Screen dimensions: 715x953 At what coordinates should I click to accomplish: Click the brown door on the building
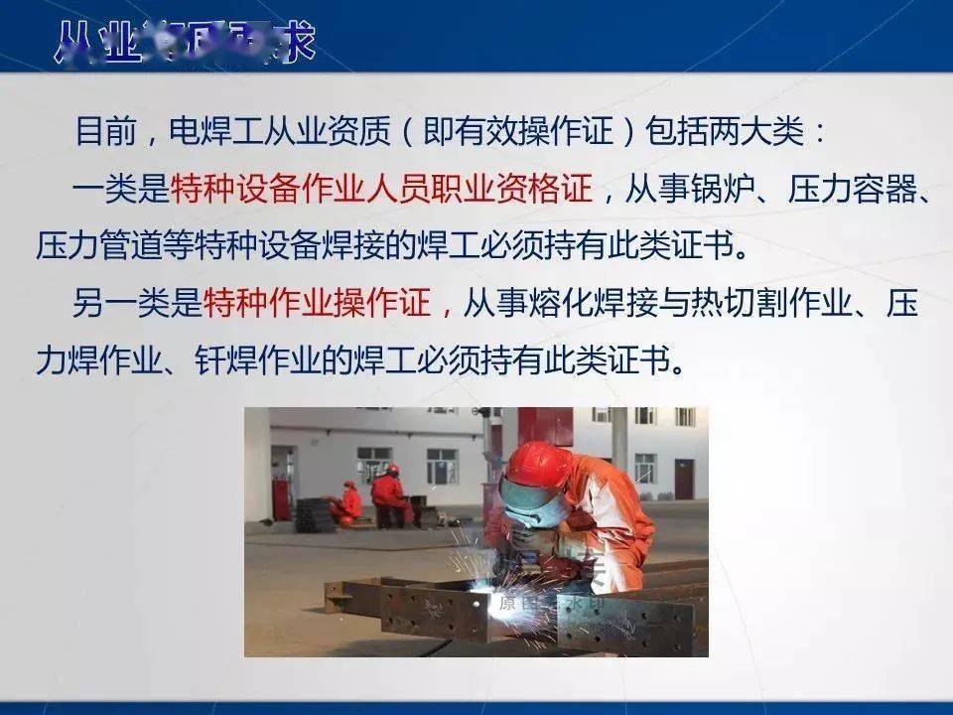(x=684, y=478)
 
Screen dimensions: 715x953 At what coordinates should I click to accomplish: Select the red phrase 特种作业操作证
(x=318, y=304)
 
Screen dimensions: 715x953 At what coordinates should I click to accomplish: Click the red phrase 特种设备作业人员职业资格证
(x=381, y=188)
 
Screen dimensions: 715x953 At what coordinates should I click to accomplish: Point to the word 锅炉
(x=735, y=188)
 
